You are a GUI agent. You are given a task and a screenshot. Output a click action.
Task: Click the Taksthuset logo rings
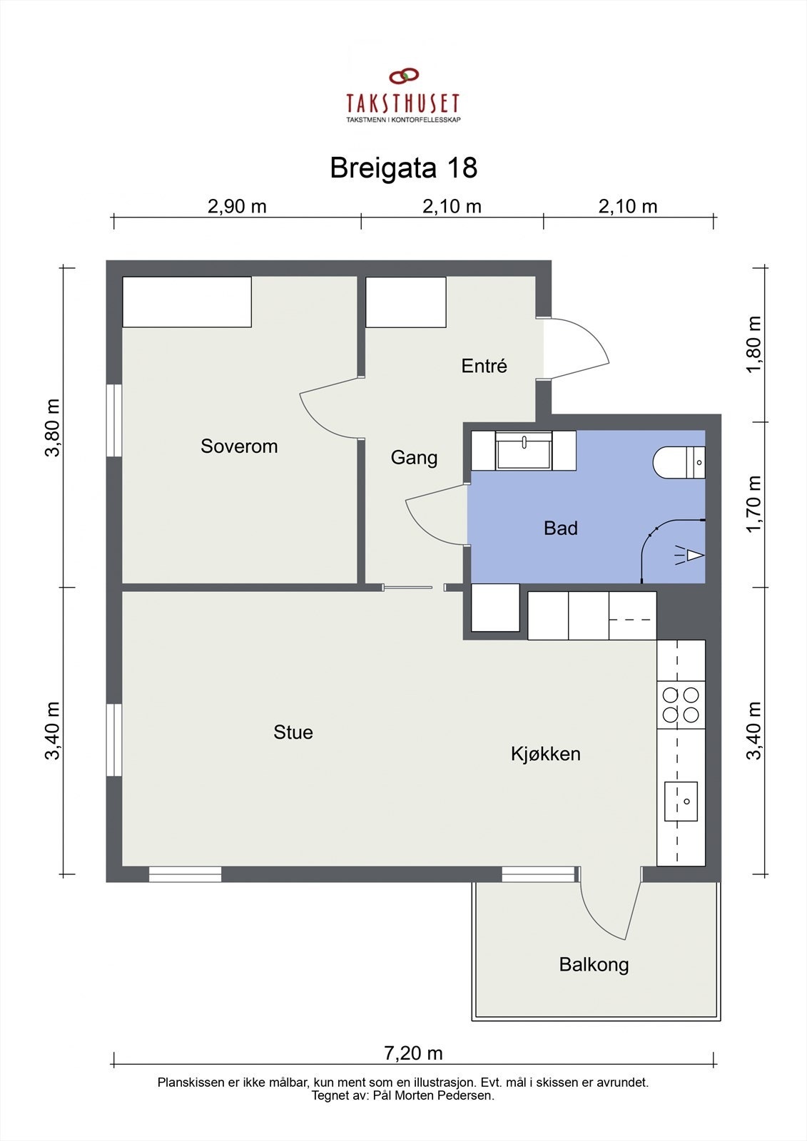(x=404, y=76)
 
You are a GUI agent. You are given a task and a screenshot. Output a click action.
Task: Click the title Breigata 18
(x=404, y=168)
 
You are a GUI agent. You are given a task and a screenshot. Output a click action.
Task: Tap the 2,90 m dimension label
(x=237, y=206)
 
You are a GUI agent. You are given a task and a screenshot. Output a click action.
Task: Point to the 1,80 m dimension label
(x=754, y=344)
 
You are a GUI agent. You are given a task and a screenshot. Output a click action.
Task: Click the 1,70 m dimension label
(x=754, y=503)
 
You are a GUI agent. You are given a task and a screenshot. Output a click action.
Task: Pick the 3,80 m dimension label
(x=53, y=428)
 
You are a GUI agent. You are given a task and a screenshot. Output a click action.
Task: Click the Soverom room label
(x=239, y=446)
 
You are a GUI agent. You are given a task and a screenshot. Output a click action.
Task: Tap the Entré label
(x=484, y=366)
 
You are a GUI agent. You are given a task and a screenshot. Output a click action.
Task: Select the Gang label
(x=414, y=458)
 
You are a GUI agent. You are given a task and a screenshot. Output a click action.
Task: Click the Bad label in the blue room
(x=561, y=528)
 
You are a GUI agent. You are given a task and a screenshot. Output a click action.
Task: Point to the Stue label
(x=293, y=732)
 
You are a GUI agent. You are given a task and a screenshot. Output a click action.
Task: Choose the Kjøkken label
(x=545, y=754)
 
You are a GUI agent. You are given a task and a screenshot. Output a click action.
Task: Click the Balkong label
(x=594, y=964)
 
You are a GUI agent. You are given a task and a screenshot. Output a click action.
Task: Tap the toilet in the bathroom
(x=679, y=463)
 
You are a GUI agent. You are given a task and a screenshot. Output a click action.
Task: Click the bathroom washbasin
(x=524, y=450)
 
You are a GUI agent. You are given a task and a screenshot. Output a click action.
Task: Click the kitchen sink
(x=681, y=802)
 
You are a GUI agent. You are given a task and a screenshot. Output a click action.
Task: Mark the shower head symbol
(x=691, y=556)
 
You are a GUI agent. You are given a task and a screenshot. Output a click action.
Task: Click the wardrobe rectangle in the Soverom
(x=187, y=302)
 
